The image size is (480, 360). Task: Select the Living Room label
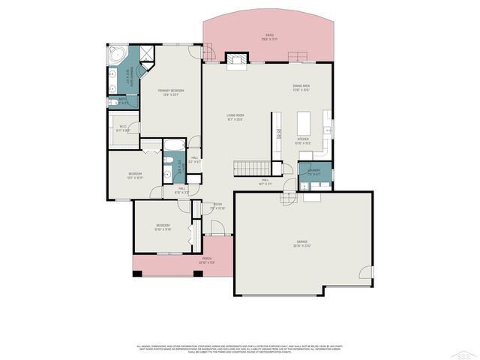236,117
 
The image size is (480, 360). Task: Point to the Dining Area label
301,87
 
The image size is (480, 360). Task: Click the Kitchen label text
302,140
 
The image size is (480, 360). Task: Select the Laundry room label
313,171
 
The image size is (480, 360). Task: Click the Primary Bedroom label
171,92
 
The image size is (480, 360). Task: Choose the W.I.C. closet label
124,128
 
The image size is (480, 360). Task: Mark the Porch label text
207,261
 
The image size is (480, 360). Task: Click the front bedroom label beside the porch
163,226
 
